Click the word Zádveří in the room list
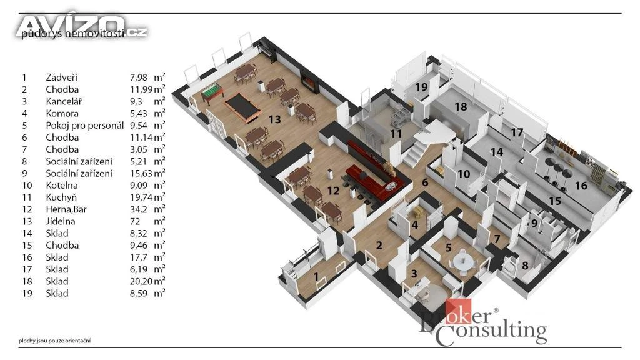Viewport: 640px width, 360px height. click(61, 77)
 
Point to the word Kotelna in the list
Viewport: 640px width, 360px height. click(61, 185)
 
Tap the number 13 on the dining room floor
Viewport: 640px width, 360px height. click(275, 119)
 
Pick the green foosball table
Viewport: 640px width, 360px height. click(212, 92)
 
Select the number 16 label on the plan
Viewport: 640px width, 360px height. click(581, 186)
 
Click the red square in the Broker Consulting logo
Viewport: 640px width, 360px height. click(458, 311)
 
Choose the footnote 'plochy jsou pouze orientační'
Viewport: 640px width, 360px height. click(54, 341)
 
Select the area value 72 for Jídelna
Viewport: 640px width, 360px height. click(135, 222)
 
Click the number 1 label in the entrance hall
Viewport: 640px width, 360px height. click(316, 277)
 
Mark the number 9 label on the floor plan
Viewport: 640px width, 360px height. click(534, 224)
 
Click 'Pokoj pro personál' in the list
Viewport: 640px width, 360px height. click(84, 125)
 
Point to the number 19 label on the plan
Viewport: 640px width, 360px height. click(422, 87)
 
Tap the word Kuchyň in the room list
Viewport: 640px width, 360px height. click(61, 197)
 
